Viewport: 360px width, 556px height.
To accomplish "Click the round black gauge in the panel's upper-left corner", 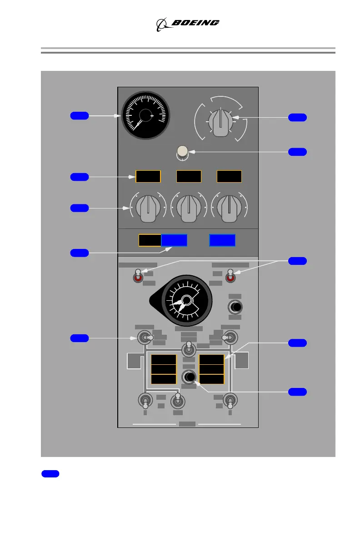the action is tap(145, 115).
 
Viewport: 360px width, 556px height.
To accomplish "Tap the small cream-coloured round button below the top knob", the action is tap(183, 151).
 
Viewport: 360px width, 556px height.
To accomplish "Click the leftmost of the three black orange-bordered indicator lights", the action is tap(148, 177).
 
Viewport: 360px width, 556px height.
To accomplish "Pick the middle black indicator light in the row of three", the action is tap(189, 177).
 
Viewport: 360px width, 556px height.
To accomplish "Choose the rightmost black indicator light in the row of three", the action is tap(229, 177).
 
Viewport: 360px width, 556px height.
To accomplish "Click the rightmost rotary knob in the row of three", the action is tap(229, 208).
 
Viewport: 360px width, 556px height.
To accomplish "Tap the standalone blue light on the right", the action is tap(222, 240).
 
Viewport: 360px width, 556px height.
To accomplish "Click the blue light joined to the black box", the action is tap(175, 240).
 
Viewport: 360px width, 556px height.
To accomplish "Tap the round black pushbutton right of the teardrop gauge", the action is tap(235, 308).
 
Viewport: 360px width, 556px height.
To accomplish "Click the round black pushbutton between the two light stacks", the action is tap(189, 377).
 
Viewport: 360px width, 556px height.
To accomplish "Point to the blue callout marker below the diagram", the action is tap(50, 474).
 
